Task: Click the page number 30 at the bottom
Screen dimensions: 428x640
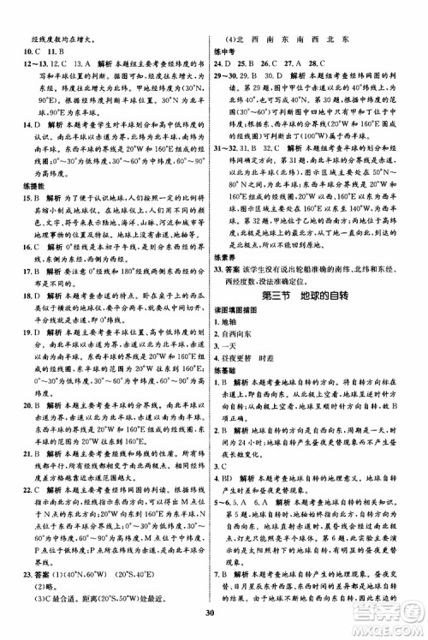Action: click(213, 624)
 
